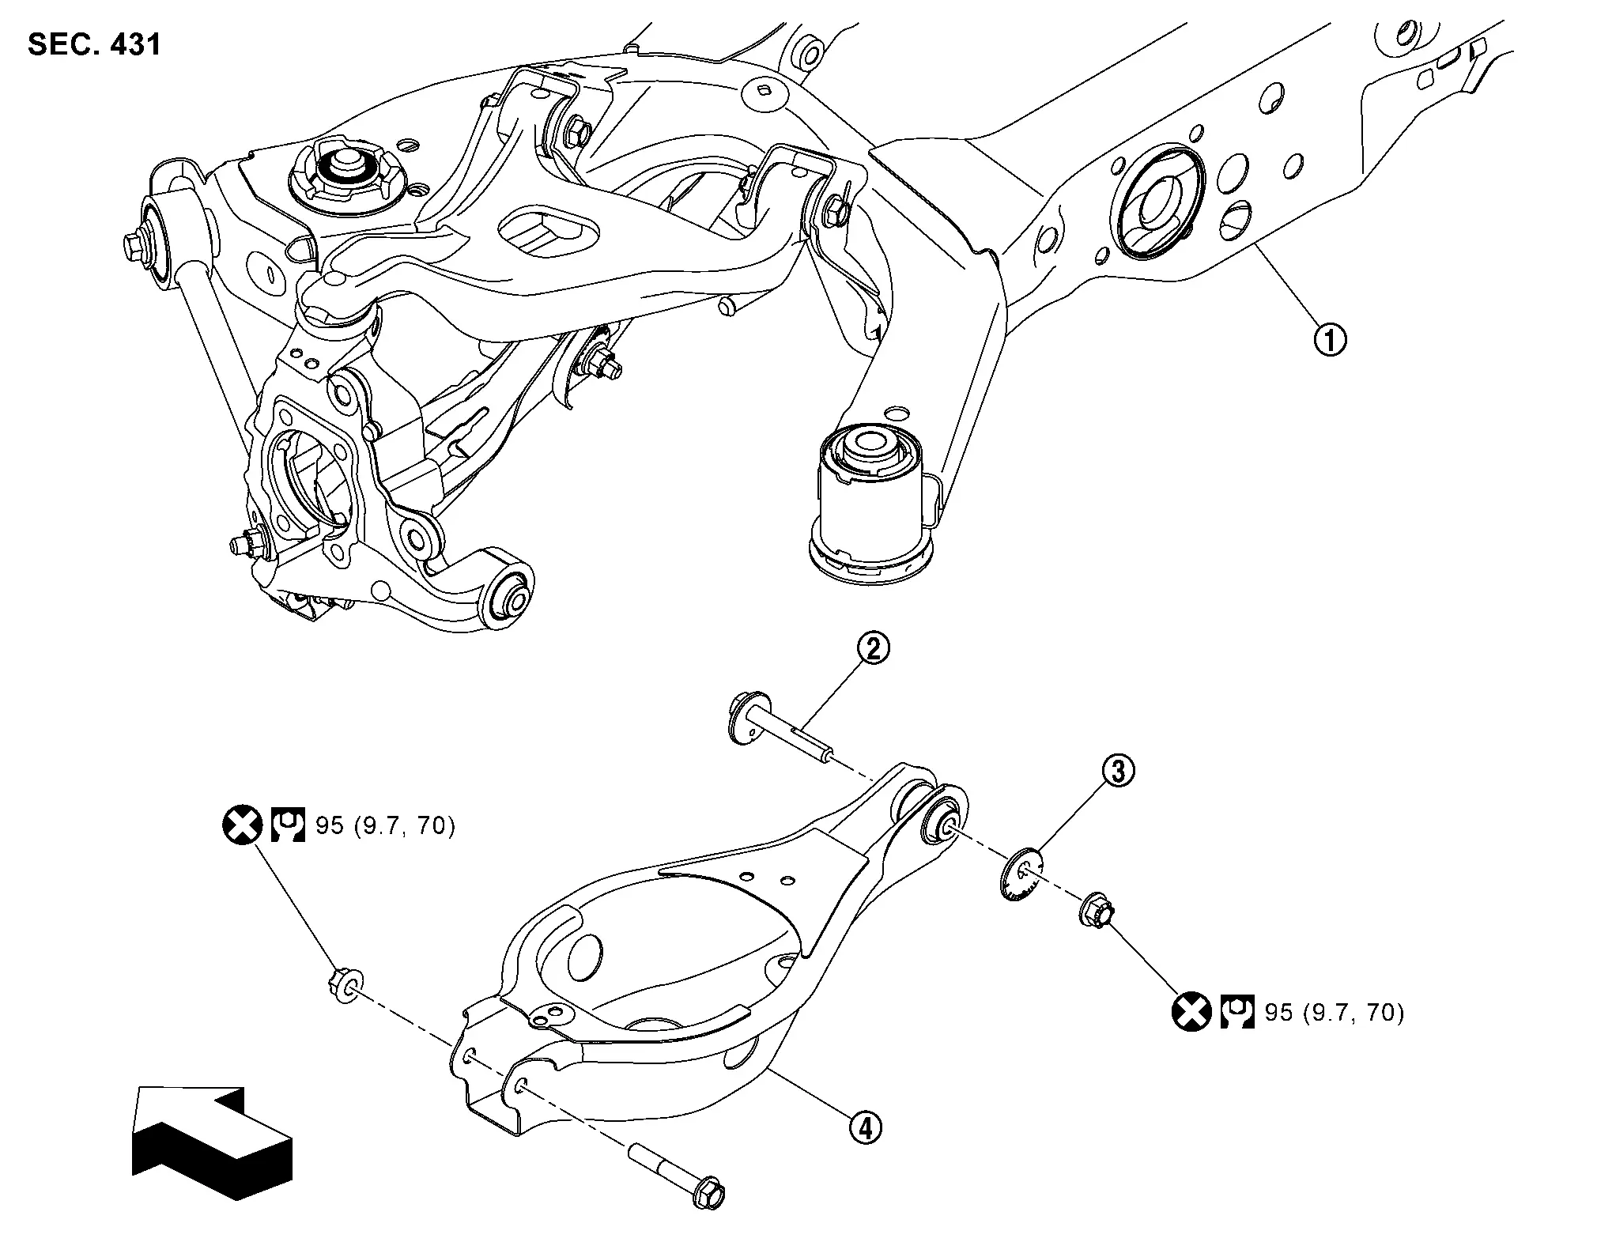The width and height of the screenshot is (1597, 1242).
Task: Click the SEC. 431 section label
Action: [x=94, y=44]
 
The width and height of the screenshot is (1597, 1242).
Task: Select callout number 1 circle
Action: [x=1330, y=341]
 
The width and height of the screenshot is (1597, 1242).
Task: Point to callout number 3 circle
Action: [x=1118, y=772]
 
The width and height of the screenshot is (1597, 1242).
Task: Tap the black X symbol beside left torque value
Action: [x=242, y=826]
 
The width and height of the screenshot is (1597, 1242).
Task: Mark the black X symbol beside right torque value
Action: [x=1191, y=1012]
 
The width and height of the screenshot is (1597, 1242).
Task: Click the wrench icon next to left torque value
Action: [x=288, y=826]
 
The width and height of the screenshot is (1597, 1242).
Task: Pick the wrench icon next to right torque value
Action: [x=1237, y=1012]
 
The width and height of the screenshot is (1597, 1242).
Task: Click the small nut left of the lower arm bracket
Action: [x=344, y=985]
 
